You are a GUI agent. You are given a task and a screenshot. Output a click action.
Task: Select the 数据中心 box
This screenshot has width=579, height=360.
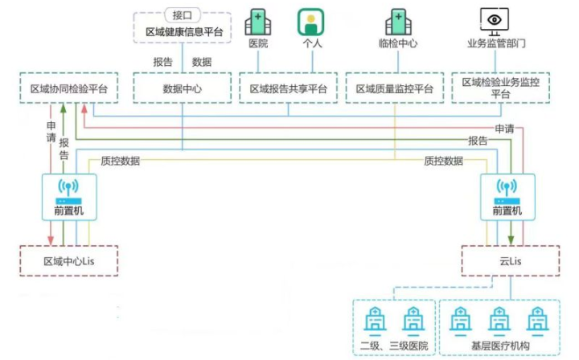click(182, 88)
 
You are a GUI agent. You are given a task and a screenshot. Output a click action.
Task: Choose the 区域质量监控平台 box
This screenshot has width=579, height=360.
click(394, 88)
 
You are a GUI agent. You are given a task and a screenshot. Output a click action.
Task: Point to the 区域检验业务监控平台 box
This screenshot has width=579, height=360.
click(501, 88)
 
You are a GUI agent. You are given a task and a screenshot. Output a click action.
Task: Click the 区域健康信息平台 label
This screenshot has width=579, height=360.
click(183, 31)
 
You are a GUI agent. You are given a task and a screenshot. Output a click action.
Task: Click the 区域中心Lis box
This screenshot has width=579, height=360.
click(68, 261)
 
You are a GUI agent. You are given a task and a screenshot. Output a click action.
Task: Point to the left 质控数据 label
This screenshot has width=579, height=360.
click(120, 161)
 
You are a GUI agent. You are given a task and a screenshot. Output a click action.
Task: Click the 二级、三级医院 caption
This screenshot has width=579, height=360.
click(394, 346)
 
